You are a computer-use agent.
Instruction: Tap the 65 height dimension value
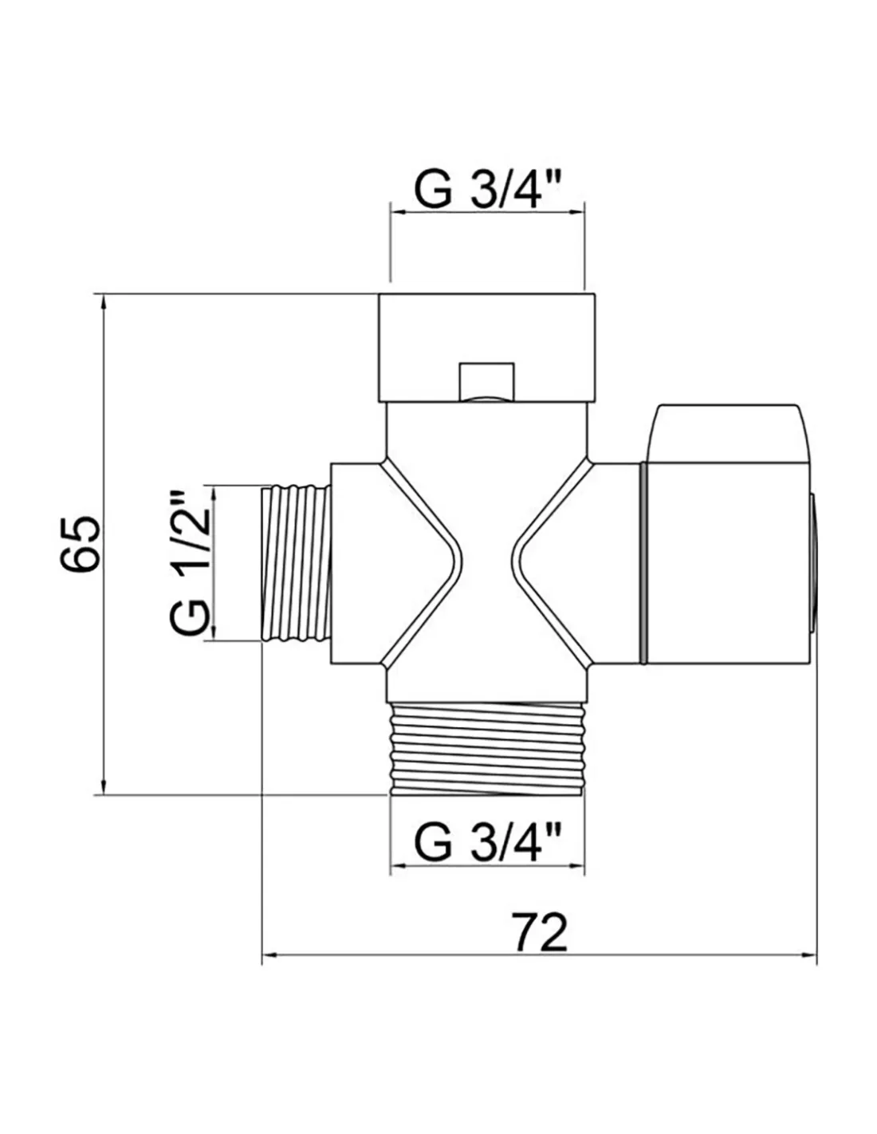tap(79, 545)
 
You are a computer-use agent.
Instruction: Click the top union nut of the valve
tap(486, 348)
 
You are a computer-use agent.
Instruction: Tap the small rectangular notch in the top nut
tap(486, 381)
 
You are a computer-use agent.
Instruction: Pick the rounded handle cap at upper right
tap(729, 432)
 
